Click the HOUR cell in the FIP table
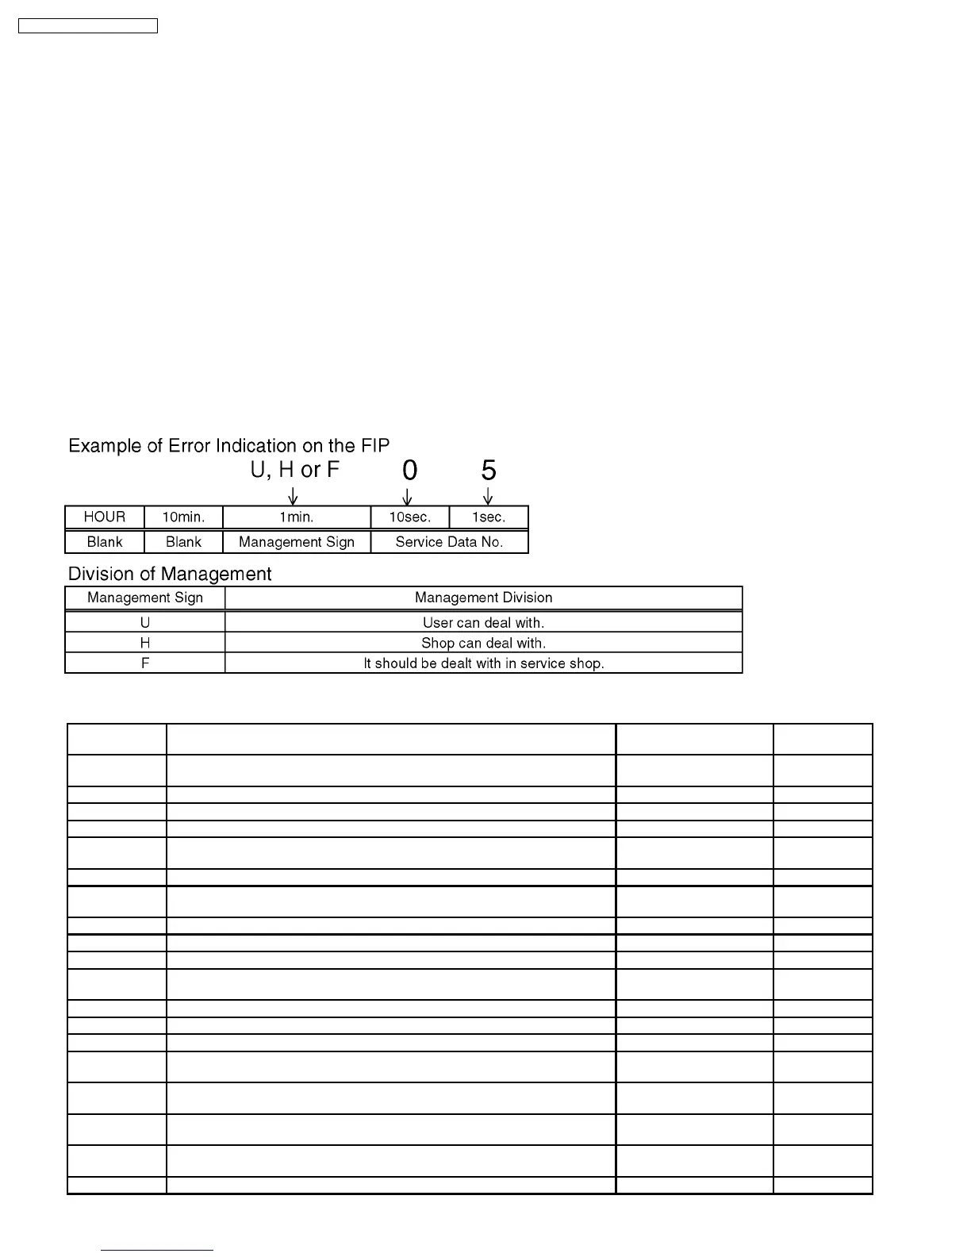[105, 517]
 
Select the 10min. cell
[183, 517]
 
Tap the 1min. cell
[297, 517]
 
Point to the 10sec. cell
[409, 517]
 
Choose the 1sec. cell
[489, 517]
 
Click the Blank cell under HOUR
[105, 542]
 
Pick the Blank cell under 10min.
[183, 542]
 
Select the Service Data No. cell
[449, 542]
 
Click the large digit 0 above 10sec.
[409, 471]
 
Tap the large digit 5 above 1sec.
[489, 471]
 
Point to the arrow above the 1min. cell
[293, 497]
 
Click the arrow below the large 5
[488, 497]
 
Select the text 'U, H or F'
[295, 470]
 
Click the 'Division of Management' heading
[170, 574]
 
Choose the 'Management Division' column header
[483, 598]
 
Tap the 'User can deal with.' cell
[483, 623]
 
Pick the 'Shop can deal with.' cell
[483, 643]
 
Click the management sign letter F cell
[145, 663]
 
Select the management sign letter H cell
[145, 643]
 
